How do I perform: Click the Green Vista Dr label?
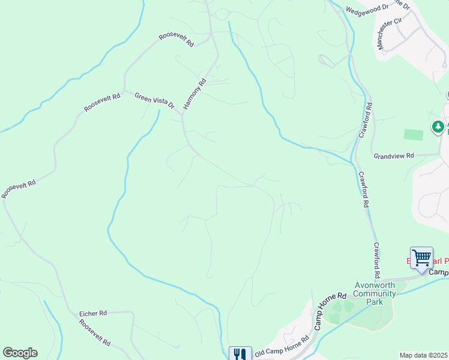click(154, 100)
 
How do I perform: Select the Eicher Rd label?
click(93, 313)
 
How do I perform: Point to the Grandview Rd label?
click(394, 155)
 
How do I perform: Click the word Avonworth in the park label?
click(375, 285)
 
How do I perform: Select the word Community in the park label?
click(375, 293)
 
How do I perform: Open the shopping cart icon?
click(421, 257)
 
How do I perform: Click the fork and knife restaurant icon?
click(240, 354)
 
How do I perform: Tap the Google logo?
click(20, 353)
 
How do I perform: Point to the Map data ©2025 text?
click(423, 355)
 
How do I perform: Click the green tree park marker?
click(438, 127)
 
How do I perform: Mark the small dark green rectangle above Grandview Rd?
click(414, 135)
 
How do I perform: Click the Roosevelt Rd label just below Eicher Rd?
click(95, 332)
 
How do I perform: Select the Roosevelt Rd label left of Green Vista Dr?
click(103, 102)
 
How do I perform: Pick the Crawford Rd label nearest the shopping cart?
click(376, 260)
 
